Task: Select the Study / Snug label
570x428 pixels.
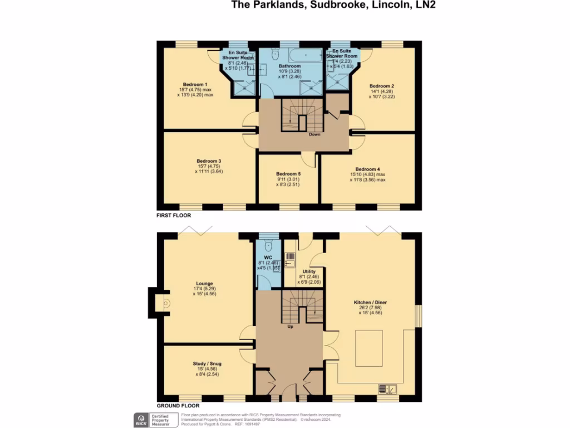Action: pos(204,363)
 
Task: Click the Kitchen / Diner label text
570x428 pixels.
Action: pos(370,303)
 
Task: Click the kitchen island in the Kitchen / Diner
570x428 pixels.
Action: pos(369,348)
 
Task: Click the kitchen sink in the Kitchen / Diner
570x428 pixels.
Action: pos(388,388)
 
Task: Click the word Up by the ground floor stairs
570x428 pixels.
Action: pos(290,327)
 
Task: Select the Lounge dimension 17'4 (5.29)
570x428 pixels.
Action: pos(204,289)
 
